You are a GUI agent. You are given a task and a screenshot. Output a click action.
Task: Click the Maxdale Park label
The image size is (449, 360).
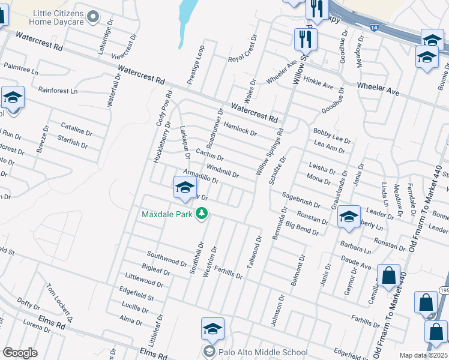[167, 214]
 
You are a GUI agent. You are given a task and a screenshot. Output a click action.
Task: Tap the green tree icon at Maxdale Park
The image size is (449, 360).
[202, 214]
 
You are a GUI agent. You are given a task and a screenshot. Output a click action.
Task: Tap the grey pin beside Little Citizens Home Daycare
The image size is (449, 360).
[92, 17]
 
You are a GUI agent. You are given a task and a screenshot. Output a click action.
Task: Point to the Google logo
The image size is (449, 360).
[20, 353]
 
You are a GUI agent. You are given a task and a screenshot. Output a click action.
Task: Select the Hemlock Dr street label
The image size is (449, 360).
[240, 127]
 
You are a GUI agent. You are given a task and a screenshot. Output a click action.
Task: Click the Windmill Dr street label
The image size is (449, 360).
[223, 171]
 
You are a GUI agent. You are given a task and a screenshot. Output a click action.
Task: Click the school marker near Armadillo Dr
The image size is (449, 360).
[184, 187]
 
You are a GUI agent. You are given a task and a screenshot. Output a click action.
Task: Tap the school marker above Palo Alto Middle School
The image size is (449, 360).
[212, 329]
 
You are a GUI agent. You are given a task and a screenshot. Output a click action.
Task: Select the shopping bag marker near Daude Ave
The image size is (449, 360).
[388, 275]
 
